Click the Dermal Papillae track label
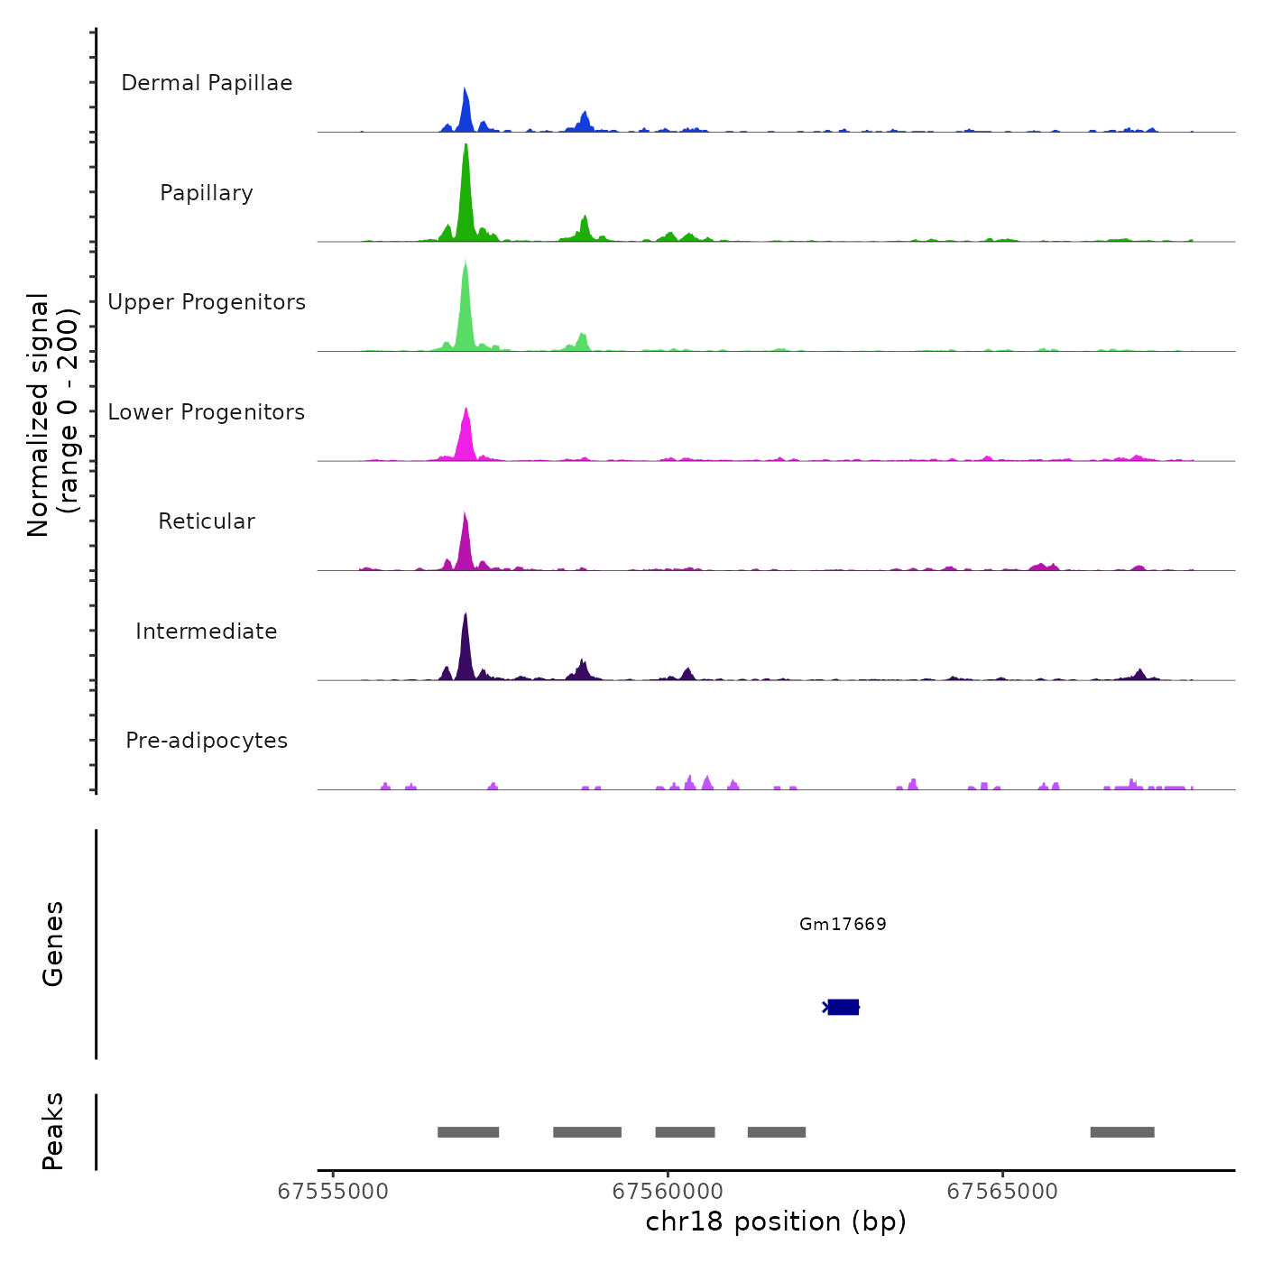(207, 83)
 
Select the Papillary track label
(207, 193)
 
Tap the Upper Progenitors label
(207, 302)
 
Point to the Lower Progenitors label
(207, 412)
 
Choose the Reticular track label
(207, 521)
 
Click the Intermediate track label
(207, 631)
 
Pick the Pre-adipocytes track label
(207, 741)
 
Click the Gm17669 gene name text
(843, 924)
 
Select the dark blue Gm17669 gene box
(844, 1007)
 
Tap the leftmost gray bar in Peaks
(468, 1132)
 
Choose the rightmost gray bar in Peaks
(1122, 1132)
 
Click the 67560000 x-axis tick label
(668, 1192)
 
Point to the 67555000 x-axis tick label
(333, 1192)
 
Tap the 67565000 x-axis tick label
(1002, 1192)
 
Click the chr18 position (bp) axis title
(776, 1222)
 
